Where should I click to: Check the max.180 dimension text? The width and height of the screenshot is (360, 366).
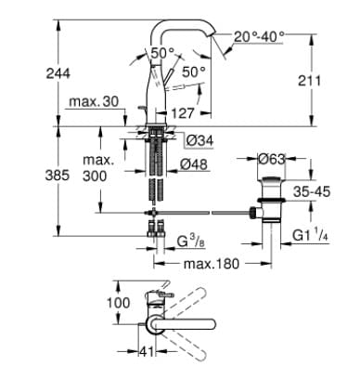coord(211,264)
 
